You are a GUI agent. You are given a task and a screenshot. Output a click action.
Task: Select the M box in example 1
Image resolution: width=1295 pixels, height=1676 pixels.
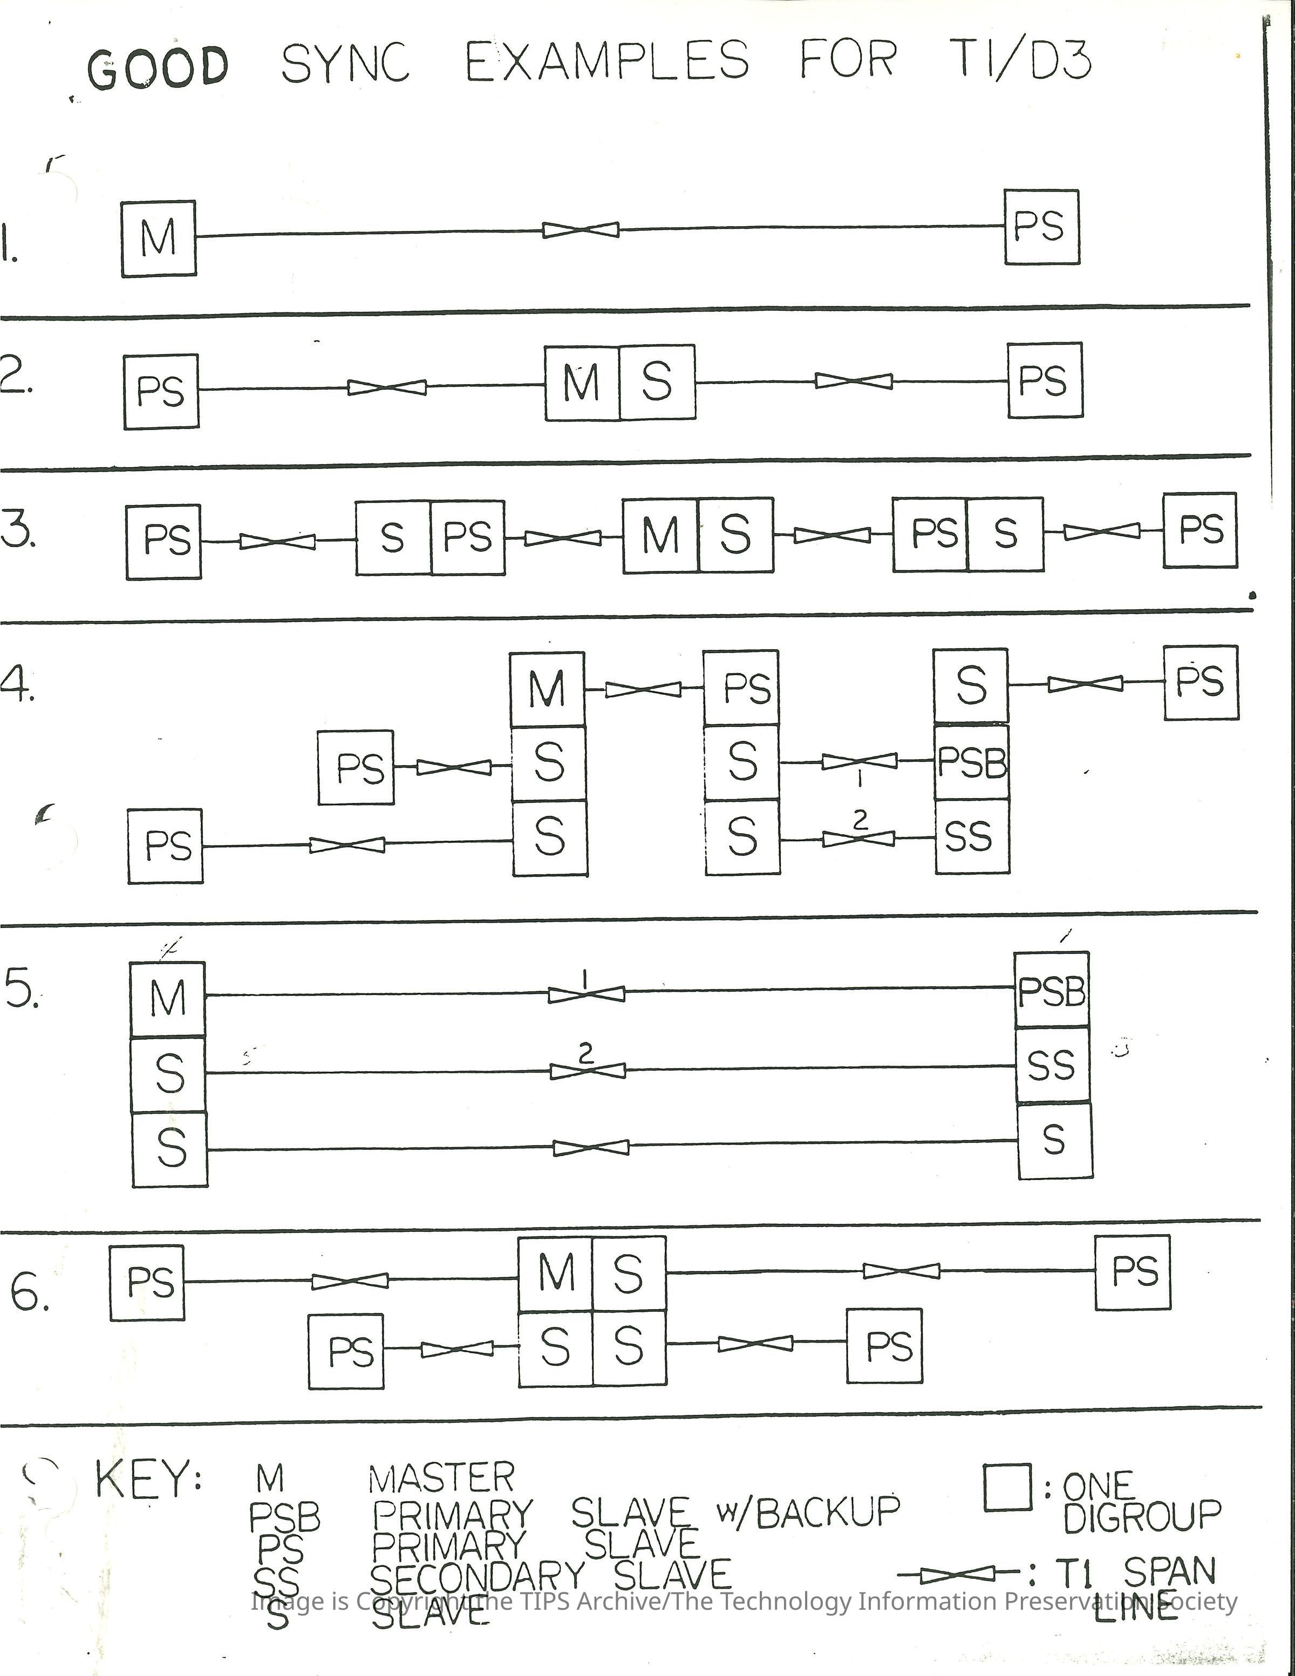coord(159,238)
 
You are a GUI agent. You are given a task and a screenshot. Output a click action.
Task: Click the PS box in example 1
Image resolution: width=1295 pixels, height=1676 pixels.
coord(1042,227)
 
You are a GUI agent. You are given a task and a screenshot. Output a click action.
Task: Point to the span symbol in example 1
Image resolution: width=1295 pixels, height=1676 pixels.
coord(581,229)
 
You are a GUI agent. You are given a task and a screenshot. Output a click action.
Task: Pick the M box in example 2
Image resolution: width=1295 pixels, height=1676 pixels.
coord(582,382)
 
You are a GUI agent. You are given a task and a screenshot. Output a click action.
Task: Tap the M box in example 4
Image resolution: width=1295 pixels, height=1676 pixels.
coord(548,689)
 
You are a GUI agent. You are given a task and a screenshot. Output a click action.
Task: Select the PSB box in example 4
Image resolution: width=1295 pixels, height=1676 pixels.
coord(971,762)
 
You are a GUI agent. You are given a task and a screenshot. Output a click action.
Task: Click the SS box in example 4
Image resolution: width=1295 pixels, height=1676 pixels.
coord(971,836)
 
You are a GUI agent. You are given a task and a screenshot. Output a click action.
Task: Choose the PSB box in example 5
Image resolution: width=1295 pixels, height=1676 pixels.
coord(1052,991)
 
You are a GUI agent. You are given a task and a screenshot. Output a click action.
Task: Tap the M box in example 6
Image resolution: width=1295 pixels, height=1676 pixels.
coord(556,1274)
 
